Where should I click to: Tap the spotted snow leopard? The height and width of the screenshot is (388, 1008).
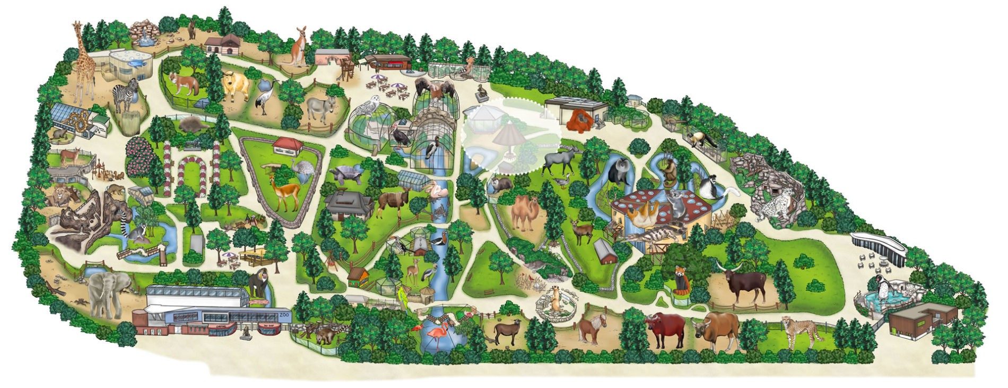774,204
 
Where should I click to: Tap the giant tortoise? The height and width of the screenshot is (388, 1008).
344,176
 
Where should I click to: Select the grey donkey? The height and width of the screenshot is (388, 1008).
320,109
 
